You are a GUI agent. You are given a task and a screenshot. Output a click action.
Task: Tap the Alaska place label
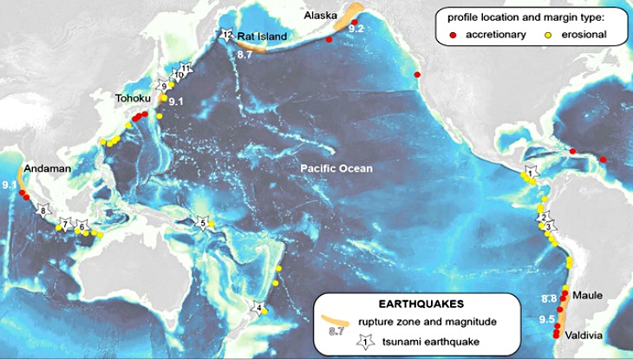[x=320, y=16]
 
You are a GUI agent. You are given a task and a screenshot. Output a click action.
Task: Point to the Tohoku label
[x=134, y=100]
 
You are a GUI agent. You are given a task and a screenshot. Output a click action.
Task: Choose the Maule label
[x=587, y=296]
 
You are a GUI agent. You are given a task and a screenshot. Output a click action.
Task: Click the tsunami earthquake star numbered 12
[x=226, y=36]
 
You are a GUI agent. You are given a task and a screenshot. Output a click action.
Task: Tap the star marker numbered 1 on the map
[x=530, y=173]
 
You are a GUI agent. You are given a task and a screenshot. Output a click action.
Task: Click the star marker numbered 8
[x=43, y=211]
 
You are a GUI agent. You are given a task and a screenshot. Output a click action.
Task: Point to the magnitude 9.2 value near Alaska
[x=356, y=29]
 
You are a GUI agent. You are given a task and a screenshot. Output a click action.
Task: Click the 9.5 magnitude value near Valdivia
[x=547, y=319]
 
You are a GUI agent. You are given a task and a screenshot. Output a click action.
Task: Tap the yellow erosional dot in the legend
[x=548, y=36]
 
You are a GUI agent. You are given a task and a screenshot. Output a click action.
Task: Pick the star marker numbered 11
[x=185, y=68]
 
